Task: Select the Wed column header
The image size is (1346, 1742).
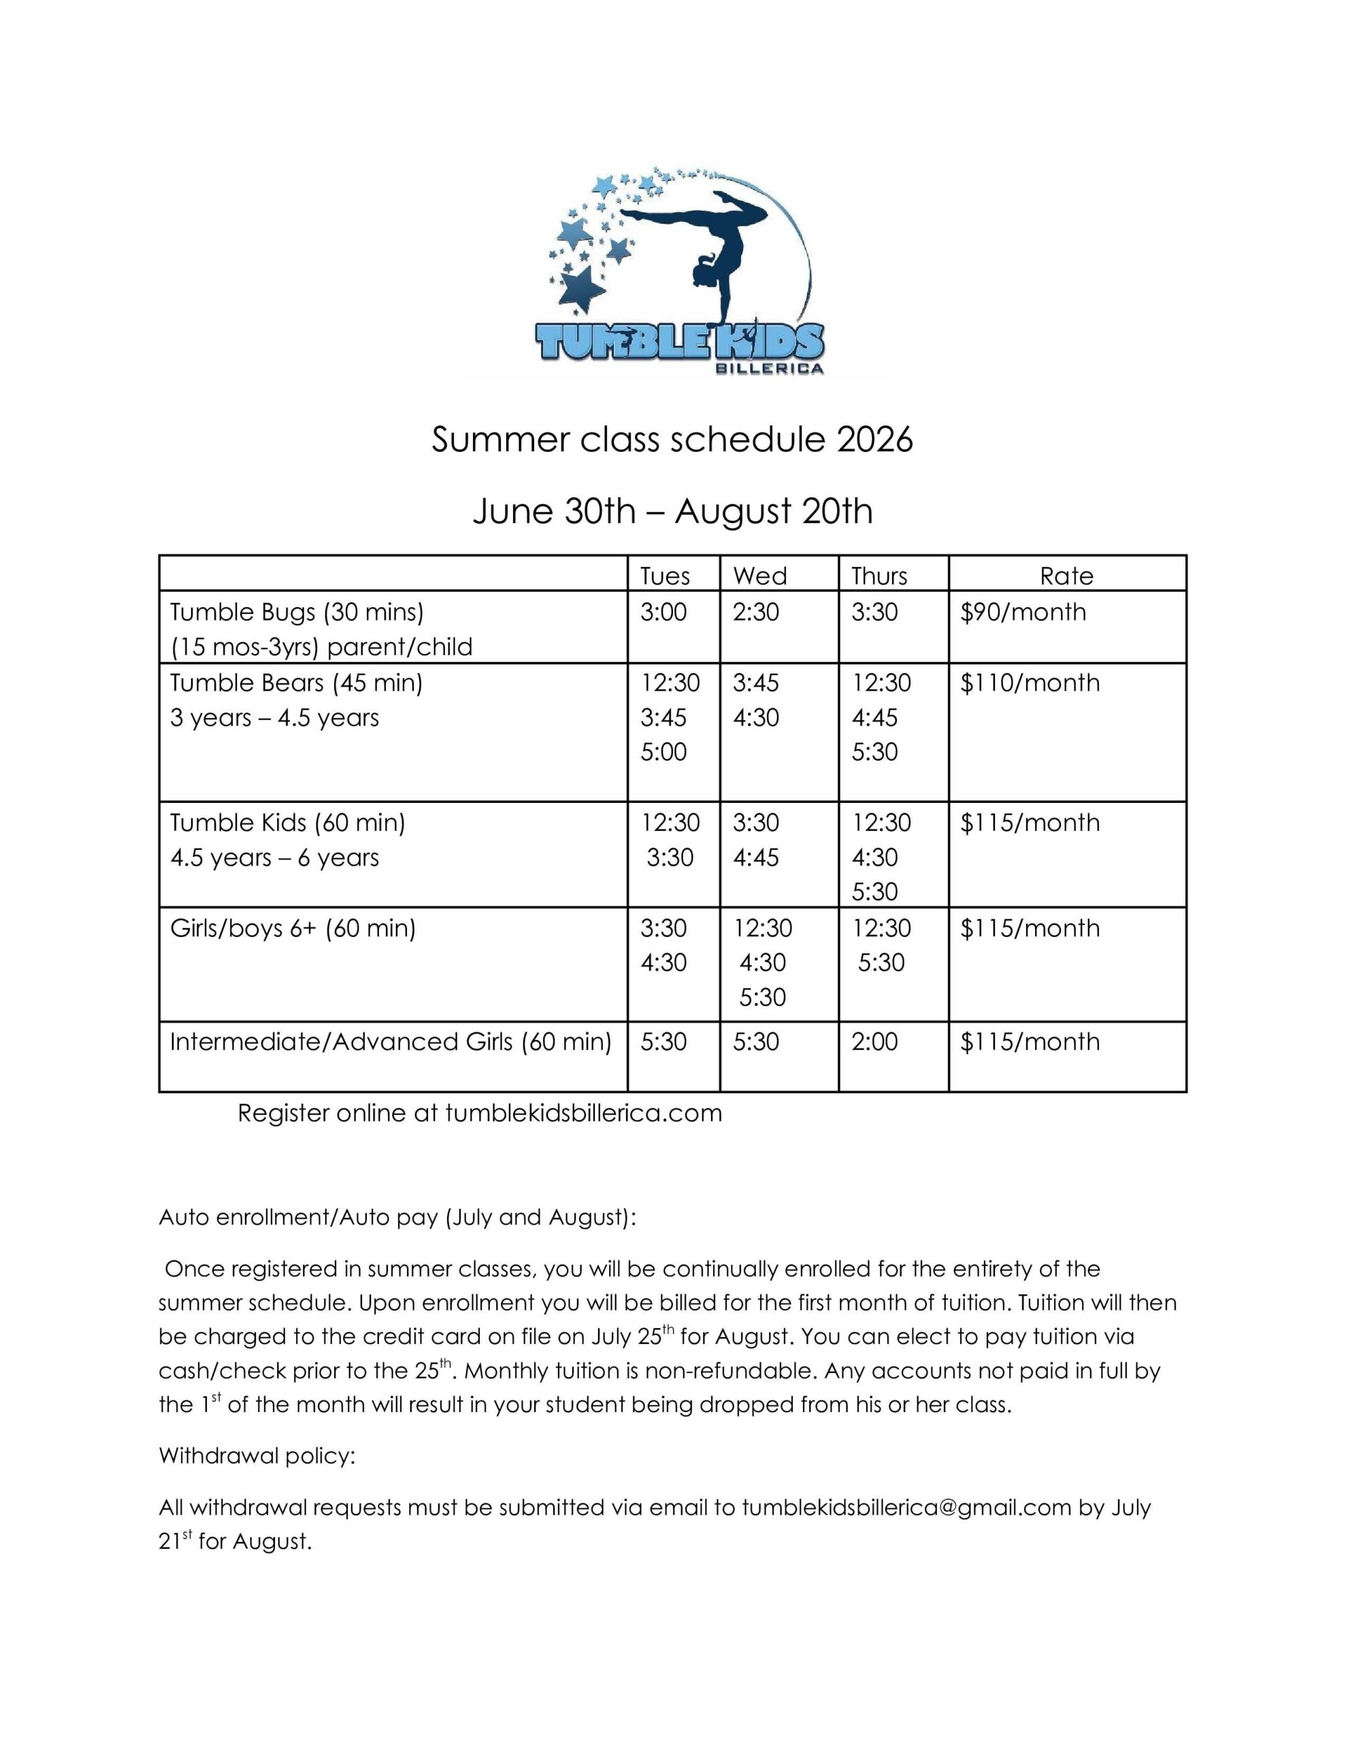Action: tap(759, 576)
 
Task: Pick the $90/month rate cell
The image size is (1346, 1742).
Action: tap(1023, 612)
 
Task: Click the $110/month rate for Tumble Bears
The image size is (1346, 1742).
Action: tap(1030, 683)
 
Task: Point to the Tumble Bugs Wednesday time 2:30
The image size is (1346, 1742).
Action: tap(755, 612)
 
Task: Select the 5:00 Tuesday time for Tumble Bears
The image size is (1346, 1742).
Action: tap(663, 751)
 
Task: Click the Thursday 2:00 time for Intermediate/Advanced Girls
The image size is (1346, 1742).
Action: tap(874, 1042)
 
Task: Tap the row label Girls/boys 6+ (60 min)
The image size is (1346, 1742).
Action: tap(293, 927)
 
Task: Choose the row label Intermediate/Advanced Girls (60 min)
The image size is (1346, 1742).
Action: tap(390, 1042)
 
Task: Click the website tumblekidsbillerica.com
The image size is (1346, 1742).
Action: tap(583, 1113)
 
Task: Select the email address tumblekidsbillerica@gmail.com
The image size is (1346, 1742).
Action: tap(906, 1507)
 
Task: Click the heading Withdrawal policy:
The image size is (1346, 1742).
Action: tap(256, 1456)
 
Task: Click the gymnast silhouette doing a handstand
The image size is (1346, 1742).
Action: tap(722, 251)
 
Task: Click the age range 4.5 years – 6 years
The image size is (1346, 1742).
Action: tap(274, 857)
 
